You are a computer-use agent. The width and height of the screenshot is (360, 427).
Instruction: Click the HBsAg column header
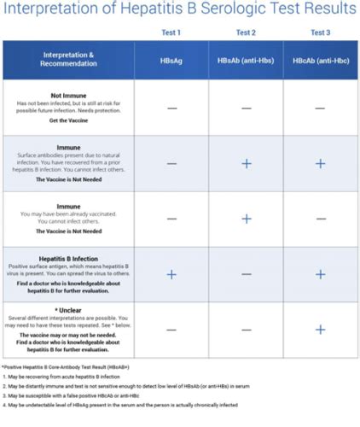pyautogui.click(x=171, y=60)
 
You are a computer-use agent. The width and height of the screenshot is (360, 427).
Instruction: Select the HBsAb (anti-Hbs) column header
pyautogui.click(x=246, y=60)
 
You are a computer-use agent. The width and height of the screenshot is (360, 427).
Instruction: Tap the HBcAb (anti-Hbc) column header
pyautogui.click(x=321, y=60)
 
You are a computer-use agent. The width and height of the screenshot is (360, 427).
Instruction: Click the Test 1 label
pyautogui.click(x=171, y=31)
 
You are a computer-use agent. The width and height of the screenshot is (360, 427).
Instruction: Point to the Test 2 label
pyautogui.click(x=246, y=31)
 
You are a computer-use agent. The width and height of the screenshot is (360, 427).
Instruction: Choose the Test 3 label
pyautogui.click(x=321, y=31)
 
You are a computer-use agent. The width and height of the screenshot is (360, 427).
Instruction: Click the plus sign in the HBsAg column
pyautogui.click(x=171, y=274)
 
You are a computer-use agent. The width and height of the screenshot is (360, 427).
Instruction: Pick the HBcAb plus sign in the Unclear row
pyautogui.click(x=321, y=329)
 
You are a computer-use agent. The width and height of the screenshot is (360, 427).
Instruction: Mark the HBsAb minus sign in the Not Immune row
pyautogui.click(x=246, y=108)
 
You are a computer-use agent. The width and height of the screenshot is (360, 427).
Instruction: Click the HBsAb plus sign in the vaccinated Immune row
pyautogui.click(x=246, y=219)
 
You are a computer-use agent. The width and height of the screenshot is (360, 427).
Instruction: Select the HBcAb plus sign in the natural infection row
pyautogui.click(x=321, y=163)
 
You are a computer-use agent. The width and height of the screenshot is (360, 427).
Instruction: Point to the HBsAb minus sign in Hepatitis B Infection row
pyautogui.click(x=246, y=274)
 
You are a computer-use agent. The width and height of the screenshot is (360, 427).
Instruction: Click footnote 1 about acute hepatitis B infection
pyautogui.click(x=65, y=376)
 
